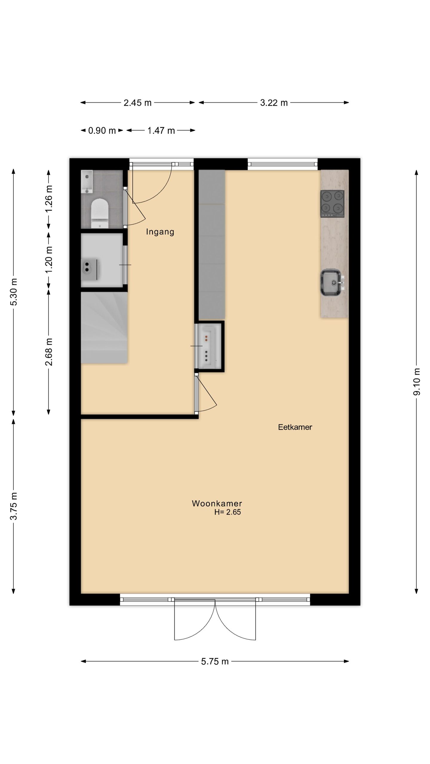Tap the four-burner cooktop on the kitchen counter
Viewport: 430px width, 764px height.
pos(332,204)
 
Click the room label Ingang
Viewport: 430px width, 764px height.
pos(160,232)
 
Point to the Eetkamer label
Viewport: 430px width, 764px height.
pos(295,427)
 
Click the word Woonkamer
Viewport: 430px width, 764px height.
pos(217,503)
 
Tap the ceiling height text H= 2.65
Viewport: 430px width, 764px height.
pos(228,512)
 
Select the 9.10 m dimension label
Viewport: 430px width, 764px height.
pos(417,382)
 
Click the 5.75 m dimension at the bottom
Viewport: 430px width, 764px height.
pos(215,661)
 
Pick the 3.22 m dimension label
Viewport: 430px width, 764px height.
pos(274,103)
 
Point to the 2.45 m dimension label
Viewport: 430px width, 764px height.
pos(138,103)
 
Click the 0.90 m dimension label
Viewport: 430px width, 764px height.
pos(102,130)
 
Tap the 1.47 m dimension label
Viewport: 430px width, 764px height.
pos(161,130)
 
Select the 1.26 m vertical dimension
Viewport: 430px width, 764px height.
pos(49,199)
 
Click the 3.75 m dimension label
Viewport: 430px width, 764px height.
pos(13,506)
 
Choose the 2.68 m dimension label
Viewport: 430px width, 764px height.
pos(49,352)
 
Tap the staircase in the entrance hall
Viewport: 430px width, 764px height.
pos(104,328)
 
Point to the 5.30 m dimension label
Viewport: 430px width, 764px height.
pos(13,292)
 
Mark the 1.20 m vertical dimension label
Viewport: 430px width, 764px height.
pos(49,259)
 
